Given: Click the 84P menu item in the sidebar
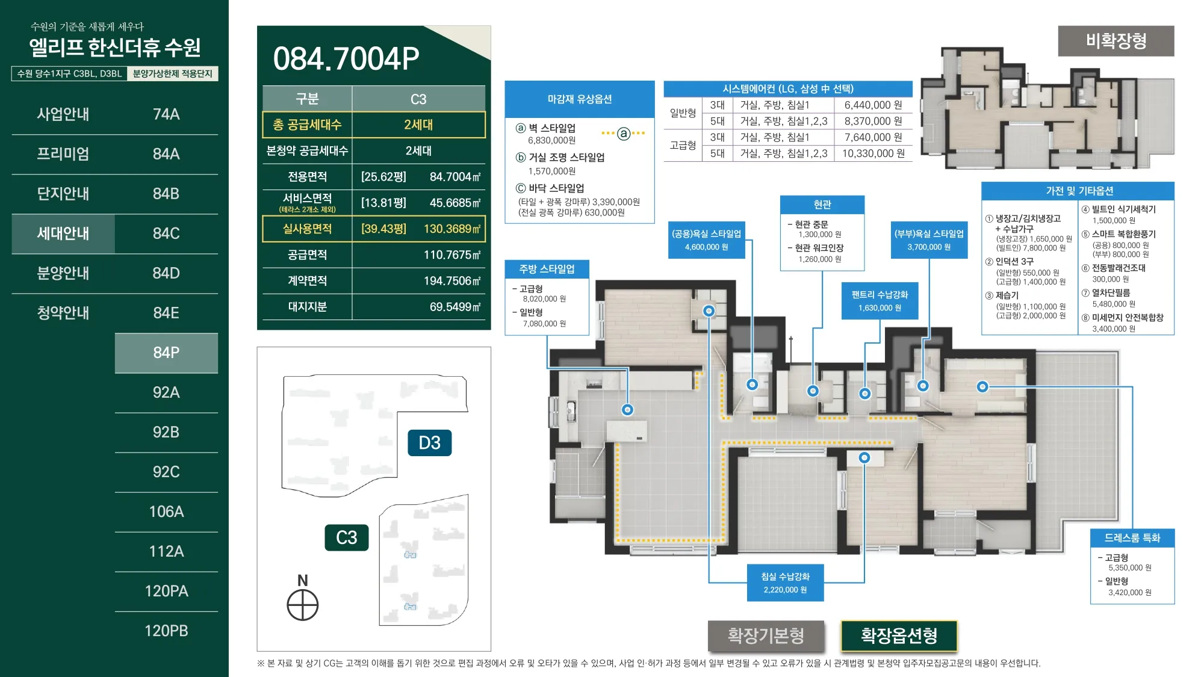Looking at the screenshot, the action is pyautogui.click(x=166, y=353).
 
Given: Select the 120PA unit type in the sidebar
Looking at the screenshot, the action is pyautogui.click(x=166, y=591).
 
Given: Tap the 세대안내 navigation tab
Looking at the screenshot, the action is pyautogui.click(x=63, y=233).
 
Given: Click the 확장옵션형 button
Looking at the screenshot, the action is pyautogui.click(x=899, y=635).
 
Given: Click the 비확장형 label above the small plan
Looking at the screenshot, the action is pyautogui.click(x=1116, y=41).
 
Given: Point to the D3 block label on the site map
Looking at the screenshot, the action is pyautogui.click(x=429, y=443).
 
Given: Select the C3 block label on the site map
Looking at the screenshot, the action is pyautogui.click(x=347, y=537).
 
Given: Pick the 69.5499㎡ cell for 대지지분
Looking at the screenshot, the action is pyautogui.click(x=455, y=307).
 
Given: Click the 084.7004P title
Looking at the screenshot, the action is pyautogui.click(x=346, y=58).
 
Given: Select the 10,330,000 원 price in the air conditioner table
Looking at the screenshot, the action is pyautogui.click(x=873, y=153).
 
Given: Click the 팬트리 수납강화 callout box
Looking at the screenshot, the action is pyautogui.click(x=880, y=301).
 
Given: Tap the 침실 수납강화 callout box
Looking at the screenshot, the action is pyautogui.click(x=785, y=583).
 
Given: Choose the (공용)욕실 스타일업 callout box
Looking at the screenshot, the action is pyautogui.click(x=707, y=240).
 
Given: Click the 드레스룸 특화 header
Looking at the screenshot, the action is pyautogui.click(x=1132, y=538).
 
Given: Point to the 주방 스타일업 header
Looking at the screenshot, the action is pyautogui.click(x=547, y=269).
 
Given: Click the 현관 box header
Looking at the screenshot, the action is pyautogui.click(x=822, y=205).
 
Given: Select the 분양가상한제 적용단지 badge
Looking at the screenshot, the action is pyautogui.click(x=173, y=73).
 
